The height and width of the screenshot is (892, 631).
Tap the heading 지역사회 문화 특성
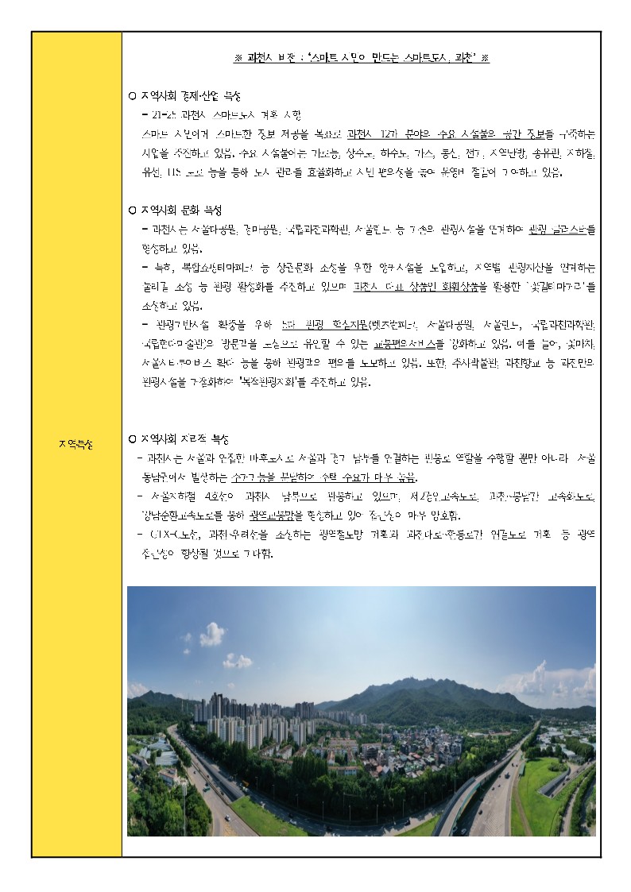tap(180, 210)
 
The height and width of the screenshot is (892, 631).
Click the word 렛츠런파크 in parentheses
tap(377, 325)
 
